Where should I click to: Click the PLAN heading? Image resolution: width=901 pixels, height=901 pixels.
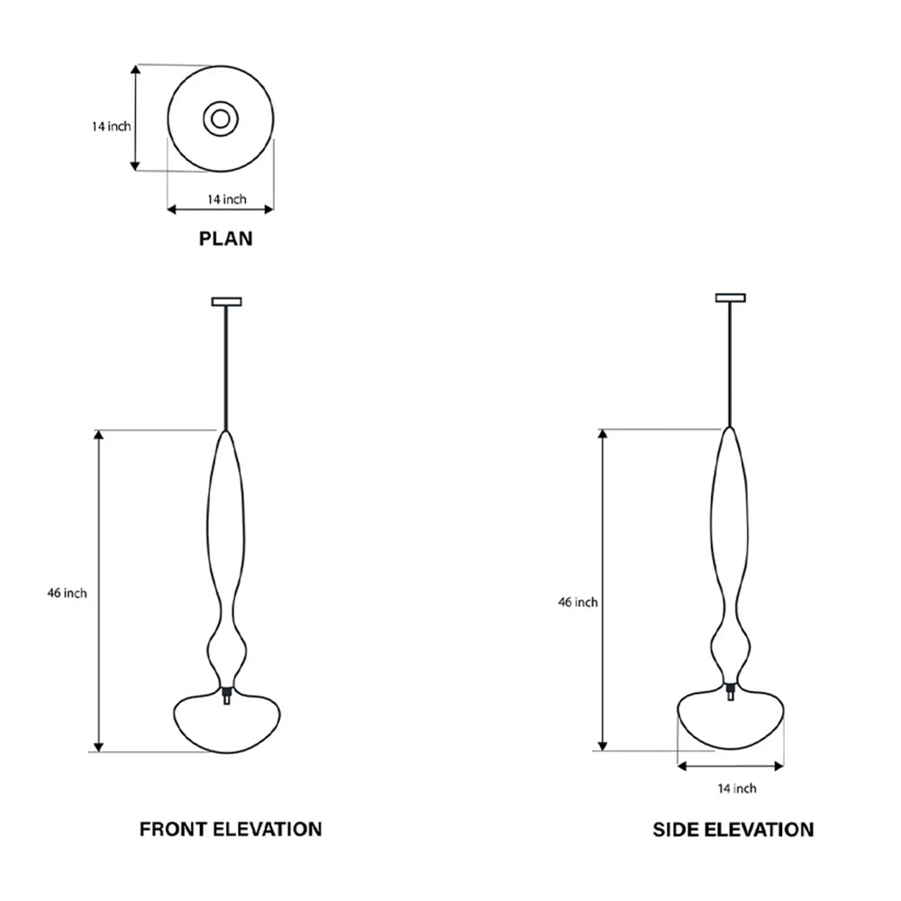pyautogui.click(x=225, y=239)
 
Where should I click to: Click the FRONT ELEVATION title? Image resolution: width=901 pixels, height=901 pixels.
pyautogui.click(x=231, y=829)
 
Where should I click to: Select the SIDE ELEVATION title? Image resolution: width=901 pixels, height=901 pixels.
pyautogui.click(x=733, y=829)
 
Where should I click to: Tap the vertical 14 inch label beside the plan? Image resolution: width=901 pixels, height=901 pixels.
pyautogui.click(x=112, y=126)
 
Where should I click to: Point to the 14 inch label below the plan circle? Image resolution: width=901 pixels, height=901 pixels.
pyautogui.click(x=227, y=199)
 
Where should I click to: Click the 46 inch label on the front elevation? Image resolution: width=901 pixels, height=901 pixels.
pyautogui.click(x=68, y=593)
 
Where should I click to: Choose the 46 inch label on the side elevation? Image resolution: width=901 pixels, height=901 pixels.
pyautogui.click(x=578, y=602)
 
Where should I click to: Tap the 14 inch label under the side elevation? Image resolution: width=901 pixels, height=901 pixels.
pyautogui.click(x=737, y=788)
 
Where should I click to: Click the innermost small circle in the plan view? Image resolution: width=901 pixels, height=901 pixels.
pyautogui.click(x=221, y=119)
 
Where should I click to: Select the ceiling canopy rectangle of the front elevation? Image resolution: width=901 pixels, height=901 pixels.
pyautogui.click(x=226, y=302)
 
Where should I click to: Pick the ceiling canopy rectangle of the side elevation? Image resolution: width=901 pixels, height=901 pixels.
pyautogui.click(x=731, y=297)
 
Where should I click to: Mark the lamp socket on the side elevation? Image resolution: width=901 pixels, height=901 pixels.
pyautogui.click(x=731, y=690)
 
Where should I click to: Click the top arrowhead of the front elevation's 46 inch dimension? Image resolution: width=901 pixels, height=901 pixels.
pyautogui.click(x=99, y=435)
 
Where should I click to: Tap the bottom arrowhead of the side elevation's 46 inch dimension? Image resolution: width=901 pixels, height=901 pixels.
pyautogui.click(x=602, y=745)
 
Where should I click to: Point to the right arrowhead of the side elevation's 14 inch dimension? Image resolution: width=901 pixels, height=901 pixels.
pyautogui.click(x=778, y=766)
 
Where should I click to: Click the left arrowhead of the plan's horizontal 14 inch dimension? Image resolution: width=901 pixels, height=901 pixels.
pyautogui.click(x=172, y=210)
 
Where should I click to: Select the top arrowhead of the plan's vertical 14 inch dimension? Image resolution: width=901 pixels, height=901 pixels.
pyautogui.click(x=136, y=70)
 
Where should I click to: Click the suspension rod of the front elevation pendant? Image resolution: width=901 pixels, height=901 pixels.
pyautogui.click(x=226, y=368)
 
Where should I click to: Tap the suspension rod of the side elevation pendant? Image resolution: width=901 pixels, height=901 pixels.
pyautogui.click(x=731, y=364)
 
